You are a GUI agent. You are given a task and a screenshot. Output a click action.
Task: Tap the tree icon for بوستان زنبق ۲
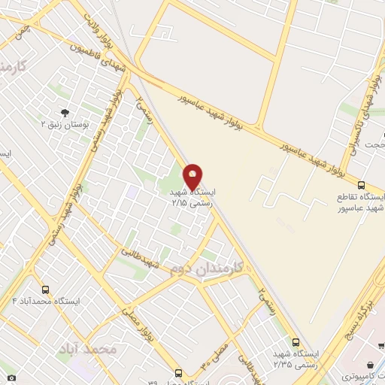point(64,113)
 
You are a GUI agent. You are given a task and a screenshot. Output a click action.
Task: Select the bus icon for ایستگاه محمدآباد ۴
point(46,290)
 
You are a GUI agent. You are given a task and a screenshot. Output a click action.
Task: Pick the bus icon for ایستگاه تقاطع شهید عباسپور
point(361,185)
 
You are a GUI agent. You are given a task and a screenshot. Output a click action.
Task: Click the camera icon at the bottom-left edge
point(11,376)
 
